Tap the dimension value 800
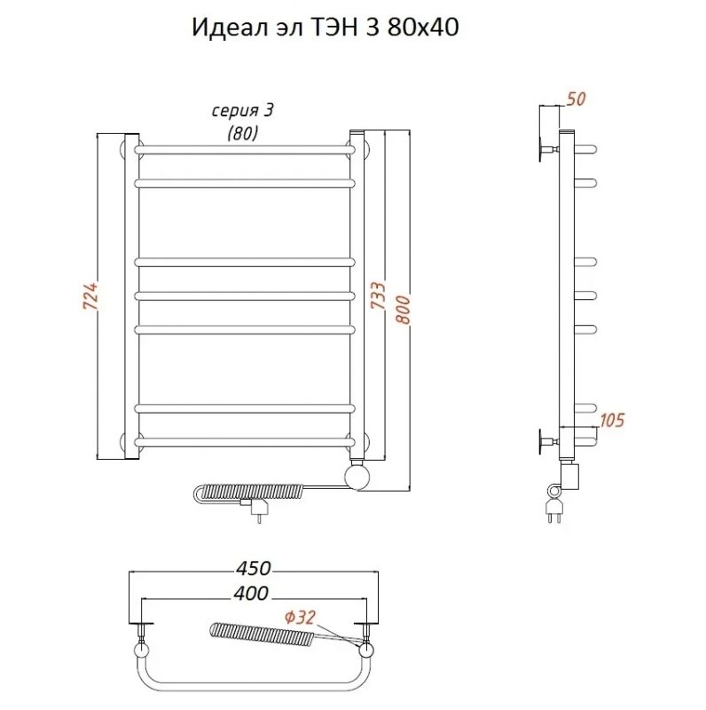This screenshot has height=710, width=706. tap(404, 308)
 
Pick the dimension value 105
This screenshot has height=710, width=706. tap(611, 420)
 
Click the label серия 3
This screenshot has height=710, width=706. tap(242, 111)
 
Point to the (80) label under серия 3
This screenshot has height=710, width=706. tap(242, 134)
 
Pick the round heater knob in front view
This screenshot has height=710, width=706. tap(358, 477)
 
